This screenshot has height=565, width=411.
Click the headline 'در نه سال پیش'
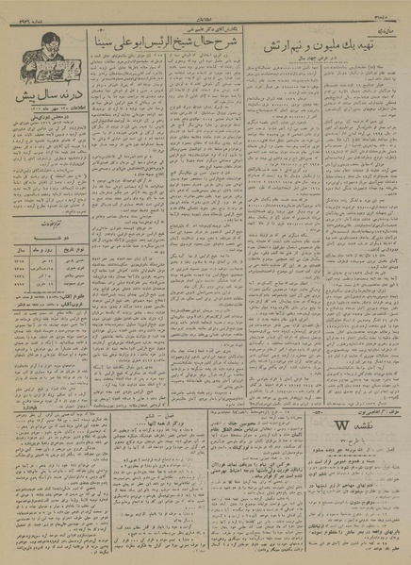pos(43,97)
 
